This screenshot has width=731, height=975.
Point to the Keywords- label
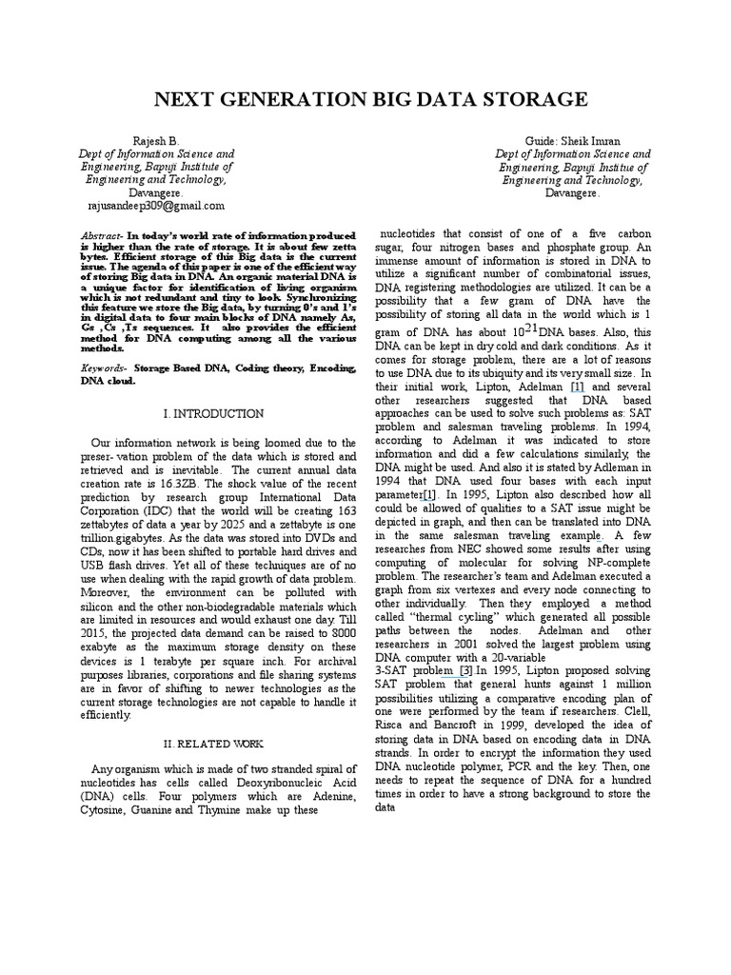point(105,367)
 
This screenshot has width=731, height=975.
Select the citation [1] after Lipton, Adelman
point(577,388)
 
